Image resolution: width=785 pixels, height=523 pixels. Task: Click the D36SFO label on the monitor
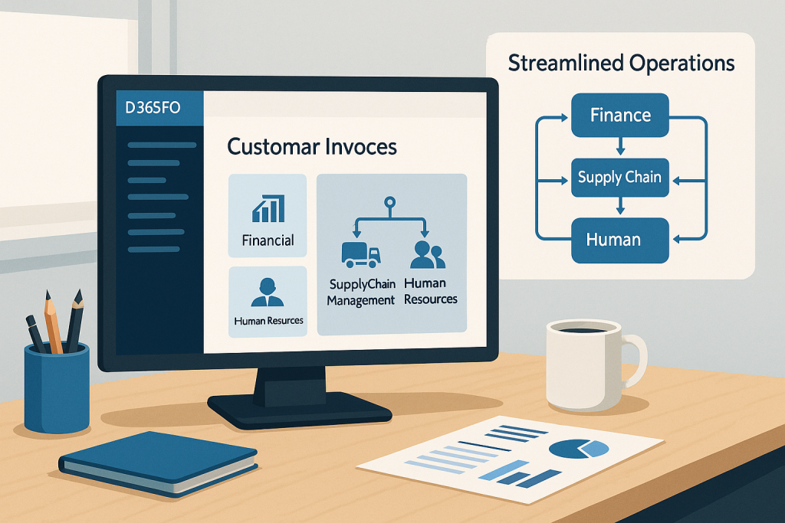153,108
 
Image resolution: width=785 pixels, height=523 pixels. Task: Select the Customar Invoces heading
312,146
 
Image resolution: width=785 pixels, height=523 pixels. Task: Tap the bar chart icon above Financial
268,208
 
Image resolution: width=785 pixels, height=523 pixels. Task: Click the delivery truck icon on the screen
360,254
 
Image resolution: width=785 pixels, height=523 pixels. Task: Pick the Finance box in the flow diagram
620,116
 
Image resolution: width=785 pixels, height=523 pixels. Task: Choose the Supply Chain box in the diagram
620,178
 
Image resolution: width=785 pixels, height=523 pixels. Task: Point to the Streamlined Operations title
621,63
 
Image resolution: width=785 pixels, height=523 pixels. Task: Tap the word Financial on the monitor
268,240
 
